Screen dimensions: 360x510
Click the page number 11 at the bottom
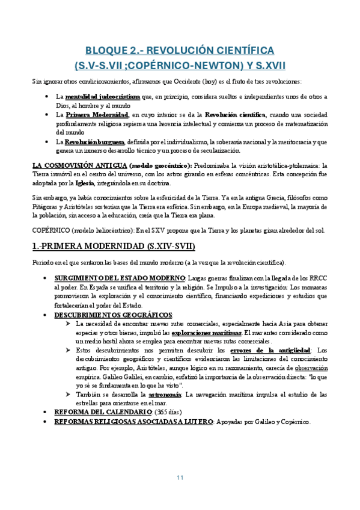180,478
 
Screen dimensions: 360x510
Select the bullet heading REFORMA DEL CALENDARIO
103,412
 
